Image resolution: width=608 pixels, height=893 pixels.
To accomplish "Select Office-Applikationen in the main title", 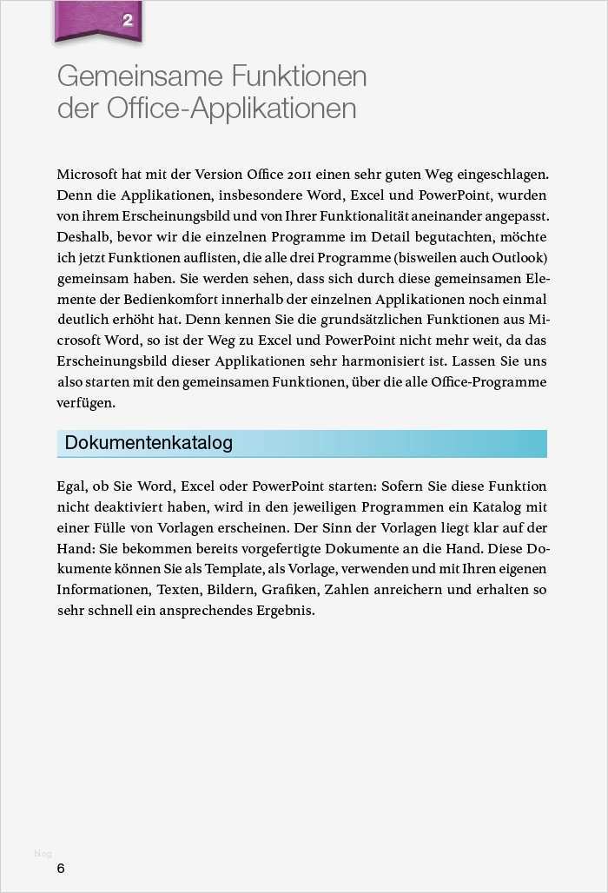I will coord(232,109).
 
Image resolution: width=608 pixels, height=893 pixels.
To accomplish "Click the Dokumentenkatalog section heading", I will coord(149,443).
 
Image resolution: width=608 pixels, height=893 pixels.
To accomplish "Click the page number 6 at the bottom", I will coord(61,869).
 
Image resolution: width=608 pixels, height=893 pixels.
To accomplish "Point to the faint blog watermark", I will coord(43,854).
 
